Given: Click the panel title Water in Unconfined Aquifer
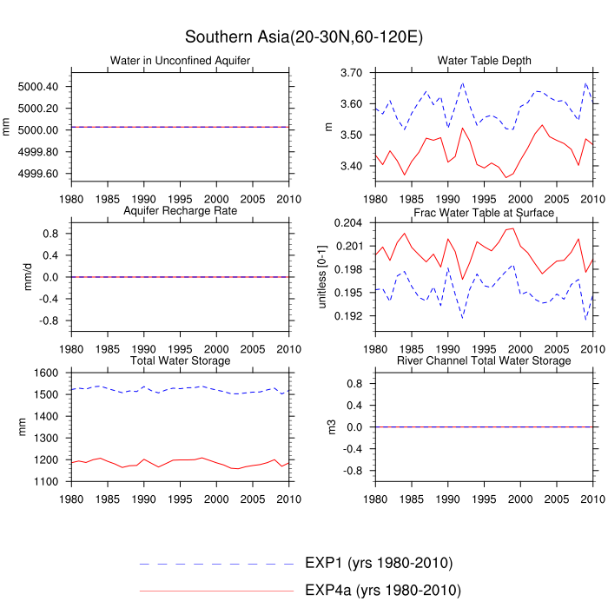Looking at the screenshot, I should pyautogui.click(x=181, y=60).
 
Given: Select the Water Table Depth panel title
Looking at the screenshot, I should pyautogui.click(x=485, y=60).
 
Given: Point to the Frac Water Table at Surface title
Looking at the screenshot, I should pyautogui.click(x=485, y=212).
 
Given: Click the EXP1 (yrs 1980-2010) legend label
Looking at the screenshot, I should pyautogui.click(x=379, y=563).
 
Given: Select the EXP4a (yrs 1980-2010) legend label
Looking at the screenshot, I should pyautogui.click(x=382, y=591).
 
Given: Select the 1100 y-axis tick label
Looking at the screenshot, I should pyautogui.click(x=45, y=481).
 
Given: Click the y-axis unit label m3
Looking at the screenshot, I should pyautogui.click(x=330, y=426).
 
